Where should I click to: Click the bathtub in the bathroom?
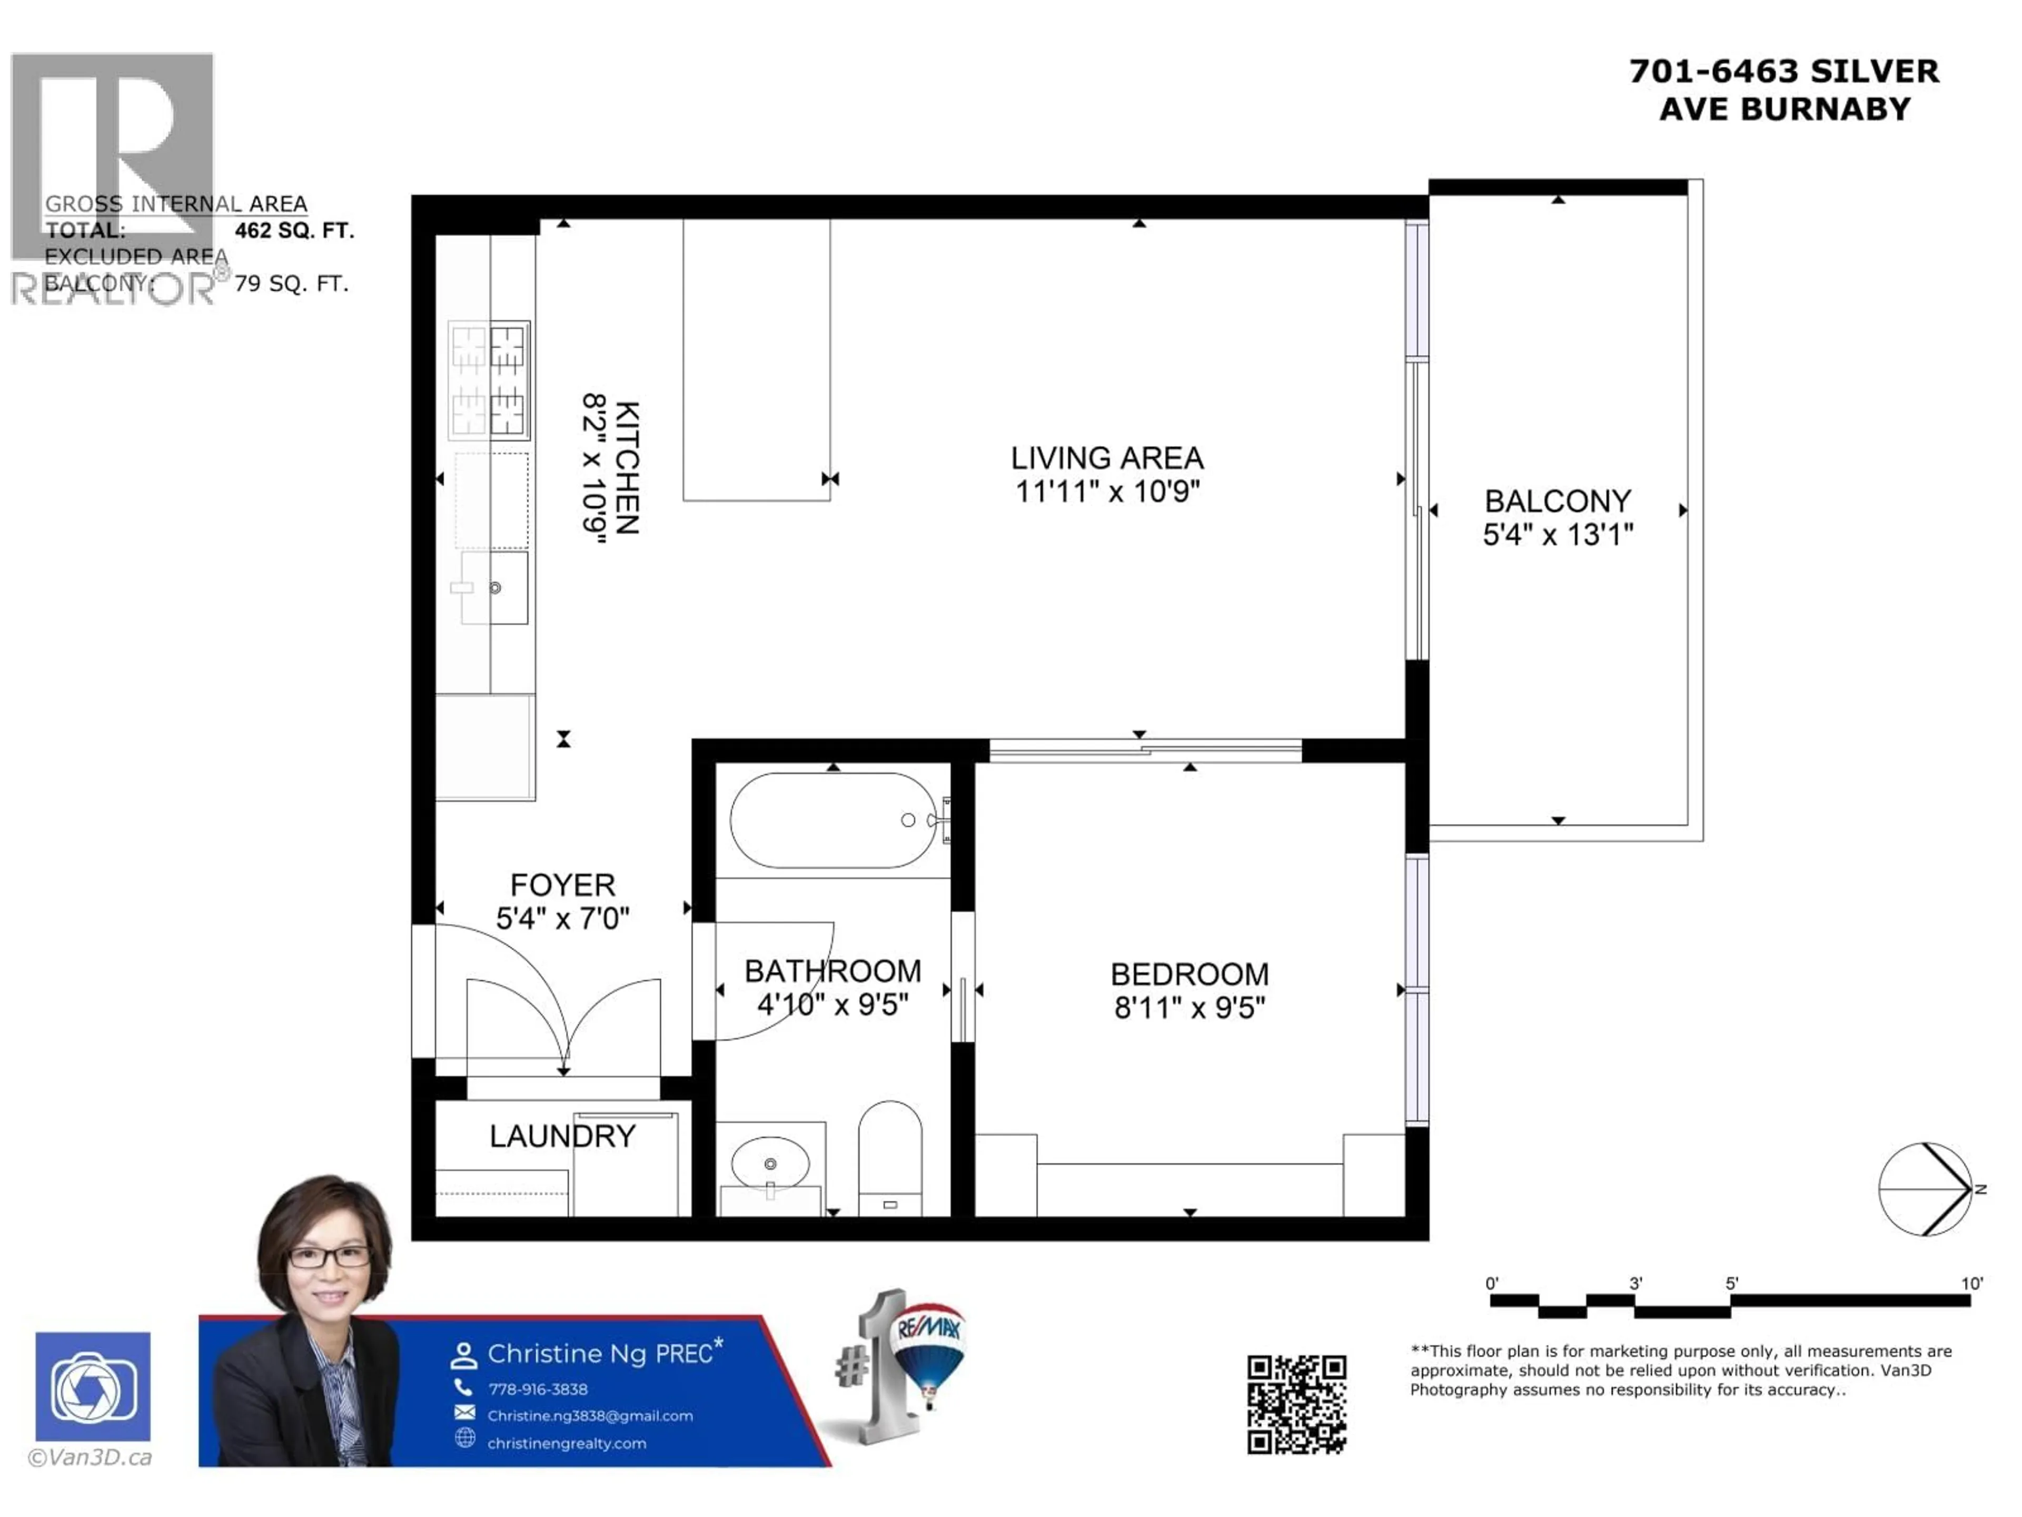tap(832, 820)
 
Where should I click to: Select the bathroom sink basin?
tap(770, 1163)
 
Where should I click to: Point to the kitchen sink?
tap(493, 588)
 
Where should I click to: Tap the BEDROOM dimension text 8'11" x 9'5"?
tap(1190, 1008)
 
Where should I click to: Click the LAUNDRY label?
tap(562, 1136)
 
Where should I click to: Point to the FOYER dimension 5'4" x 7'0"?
tap(562, 918)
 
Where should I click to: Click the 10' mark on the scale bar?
tap(1971, 1284)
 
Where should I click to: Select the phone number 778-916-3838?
tap(538, 1389)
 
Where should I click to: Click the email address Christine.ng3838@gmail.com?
tap(590, 1415)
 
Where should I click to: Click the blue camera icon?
tap(93, 1386)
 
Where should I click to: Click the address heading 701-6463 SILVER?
tap(1783, 71)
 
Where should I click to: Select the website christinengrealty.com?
tap(566, 1443)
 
